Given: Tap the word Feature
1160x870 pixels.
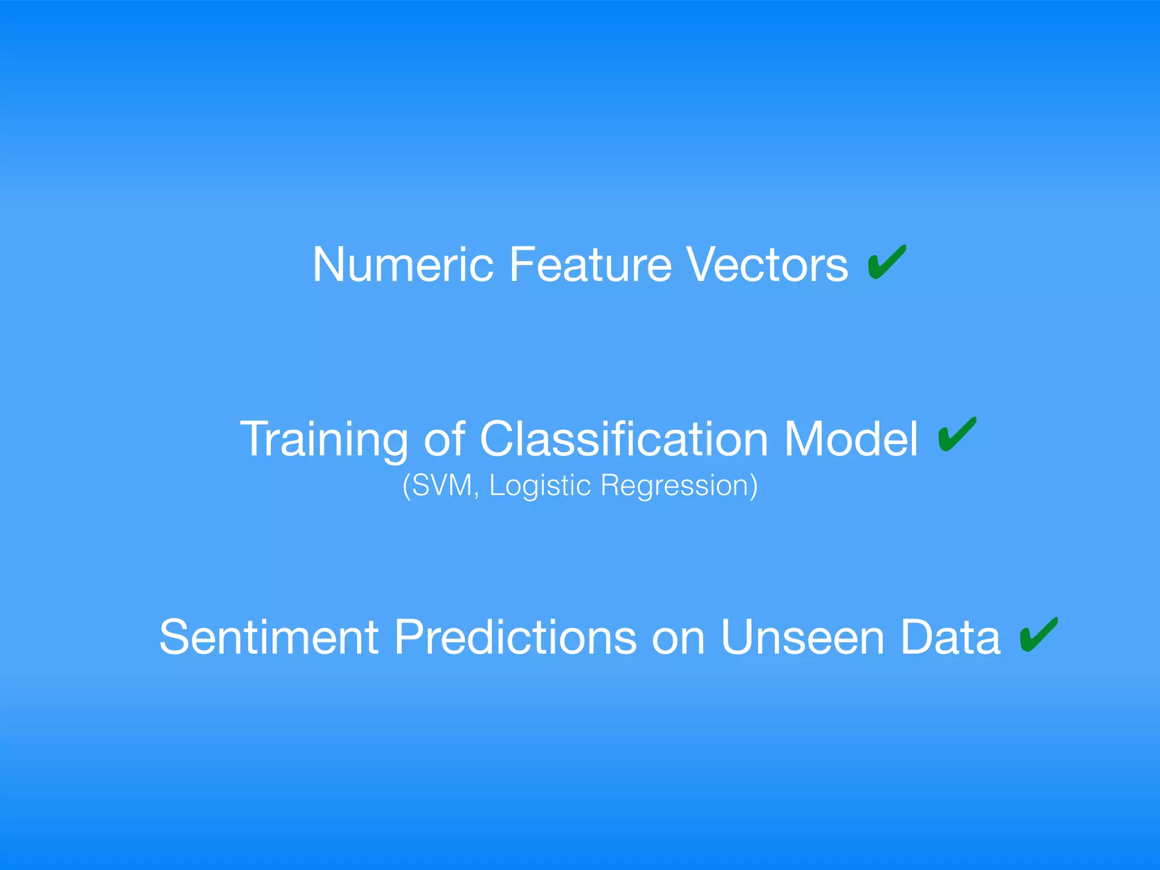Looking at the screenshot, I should click(590, 265).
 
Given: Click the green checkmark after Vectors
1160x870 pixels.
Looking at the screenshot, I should click(886, 262).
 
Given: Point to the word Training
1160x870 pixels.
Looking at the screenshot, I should click(323, 440).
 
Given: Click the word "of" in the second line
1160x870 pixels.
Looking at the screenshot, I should click(444, 440).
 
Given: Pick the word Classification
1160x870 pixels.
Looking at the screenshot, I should click(624, 440).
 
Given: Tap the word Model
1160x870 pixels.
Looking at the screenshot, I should click(851, 440).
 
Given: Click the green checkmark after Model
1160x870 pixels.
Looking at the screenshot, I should click(957, 434).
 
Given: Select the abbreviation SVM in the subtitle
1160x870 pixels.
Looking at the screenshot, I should click(442, 485).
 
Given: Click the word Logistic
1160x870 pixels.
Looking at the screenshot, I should click(540, 485).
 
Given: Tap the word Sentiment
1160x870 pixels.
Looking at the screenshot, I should click(268, 637).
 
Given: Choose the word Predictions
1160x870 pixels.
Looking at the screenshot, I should click(515, 637).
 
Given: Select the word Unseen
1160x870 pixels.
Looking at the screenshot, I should click(802, 637).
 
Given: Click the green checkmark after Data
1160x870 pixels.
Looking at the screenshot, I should click(1038, 634).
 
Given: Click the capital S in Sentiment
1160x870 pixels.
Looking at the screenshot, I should click(173, 637).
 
